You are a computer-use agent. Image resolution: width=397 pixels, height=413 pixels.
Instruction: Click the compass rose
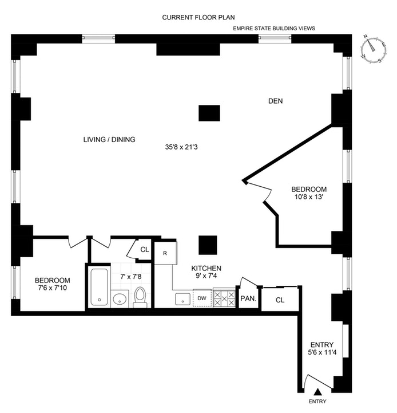coord(374,50)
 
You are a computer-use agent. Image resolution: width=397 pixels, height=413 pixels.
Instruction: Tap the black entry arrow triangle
coord(318,392)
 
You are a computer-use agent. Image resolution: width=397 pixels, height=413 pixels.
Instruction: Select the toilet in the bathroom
coord(140,297)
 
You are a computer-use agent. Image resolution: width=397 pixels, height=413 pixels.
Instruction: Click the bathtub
coord(99,287)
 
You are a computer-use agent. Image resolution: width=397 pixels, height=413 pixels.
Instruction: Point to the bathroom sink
coord(120,299)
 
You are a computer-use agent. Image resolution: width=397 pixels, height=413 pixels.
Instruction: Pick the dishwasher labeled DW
coord(202,298)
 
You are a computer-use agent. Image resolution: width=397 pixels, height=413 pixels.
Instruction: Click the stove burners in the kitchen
coord(224,298)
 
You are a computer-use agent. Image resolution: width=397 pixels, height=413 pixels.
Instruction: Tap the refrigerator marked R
coord(166,253)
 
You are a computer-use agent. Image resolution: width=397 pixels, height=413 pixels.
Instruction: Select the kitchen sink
coord(183,300)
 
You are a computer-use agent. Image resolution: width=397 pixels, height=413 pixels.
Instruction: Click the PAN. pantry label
coord(248,298)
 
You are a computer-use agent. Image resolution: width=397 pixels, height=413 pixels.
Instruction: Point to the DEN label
coord(276,101)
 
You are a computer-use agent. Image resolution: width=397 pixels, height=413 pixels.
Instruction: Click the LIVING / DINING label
coord(109,139)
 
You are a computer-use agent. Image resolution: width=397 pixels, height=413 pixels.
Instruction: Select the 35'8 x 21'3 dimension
coord(181,147)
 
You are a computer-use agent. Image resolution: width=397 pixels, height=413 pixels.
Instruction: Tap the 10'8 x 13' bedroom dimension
coord(308,196)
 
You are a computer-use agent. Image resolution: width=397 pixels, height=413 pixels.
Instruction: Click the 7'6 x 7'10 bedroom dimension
coord(53,288)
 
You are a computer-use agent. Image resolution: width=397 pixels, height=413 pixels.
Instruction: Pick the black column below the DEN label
coord(209,113)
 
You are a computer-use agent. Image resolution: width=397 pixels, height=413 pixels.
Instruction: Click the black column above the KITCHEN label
coord(208,245)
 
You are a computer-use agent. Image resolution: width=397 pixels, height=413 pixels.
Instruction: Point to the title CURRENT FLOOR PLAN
coord(199,17)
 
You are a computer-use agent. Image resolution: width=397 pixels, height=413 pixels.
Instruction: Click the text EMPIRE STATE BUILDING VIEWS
coord(274,29)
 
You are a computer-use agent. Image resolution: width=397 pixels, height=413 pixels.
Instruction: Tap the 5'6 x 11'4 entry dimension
coord(322,352)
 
